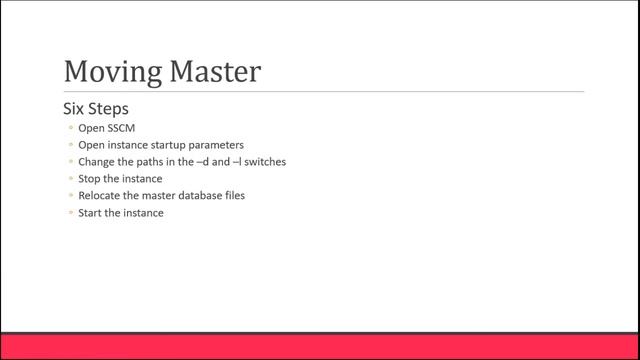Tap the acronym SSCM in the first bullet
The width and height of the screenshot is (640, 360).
click(121, 128)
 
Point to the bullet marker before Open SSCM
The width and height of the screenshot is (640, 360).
click(69, 128)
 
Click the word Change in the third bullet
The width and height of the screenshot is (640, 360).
click(96, 162)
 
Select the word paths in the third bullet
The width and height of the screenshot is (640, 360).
click(150, 162)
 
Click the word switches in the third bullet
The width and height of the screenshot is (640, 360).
click(266, 162)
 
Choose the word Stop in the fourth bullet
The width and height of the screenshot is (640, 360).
click(89, 179)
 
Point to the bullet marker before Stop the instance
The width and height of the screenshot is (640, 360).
click(69, 179)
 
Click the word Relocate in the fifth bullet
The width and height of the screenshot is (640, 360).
click(100, 196)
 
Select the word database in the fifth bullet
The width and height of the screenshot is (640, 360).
click(200, 196)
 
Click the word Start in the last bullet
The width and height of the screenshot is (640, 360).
click(90, 213)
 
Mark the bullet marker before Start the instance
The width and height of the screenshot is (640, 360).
click(69, 213)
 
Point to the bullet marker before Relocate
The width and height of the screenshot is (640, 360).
click(69, 196)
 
